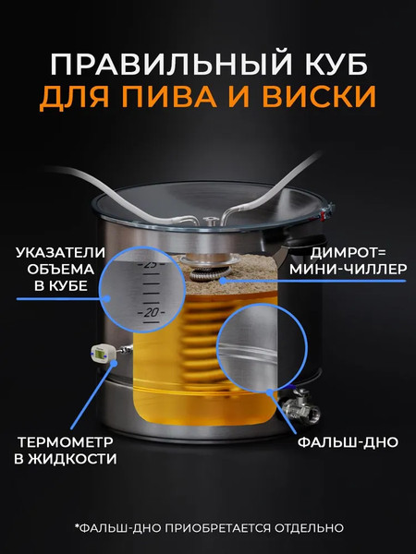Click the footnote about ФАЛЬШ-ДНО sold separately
point(208,528)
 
